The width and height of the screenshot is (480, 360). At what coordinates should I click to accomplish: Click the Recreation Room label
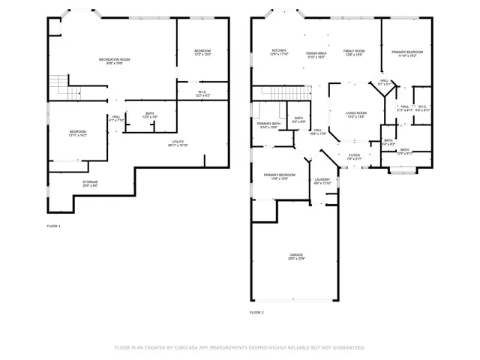115,58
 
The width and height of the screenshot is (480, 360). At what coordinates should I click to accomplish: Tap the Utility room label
178,140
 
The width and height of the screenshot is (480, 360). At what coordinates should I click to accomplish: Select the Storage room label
90,181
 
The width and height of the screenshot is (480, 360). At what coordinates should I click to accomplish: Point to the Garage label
297,255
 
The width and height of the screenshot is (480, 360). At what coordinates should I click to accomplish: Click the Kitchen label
279,50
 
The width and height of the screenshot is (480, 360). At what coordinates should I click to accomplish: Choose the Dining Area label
316,53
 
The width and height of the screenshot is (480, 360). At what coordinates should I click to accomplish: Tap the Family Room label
354,50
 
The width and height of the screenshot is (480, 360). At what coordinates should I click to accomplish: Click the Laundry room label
322,179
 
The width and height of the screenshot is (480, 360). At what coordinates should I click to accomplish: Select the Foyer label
354,154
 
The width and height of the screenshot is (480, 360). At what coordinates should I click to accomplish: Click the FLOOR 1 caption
54,226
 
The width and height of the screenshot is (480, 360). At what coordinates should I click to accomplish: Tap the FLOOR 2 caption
257,312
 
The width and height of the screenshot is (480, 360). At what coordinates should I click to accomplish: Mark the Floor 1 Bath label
149,112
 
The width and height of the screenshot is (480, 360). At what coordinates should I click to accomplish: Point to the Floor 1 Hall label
116,116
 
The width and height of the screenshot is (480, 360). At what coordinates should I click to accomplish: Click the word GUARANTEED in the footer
349,347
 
